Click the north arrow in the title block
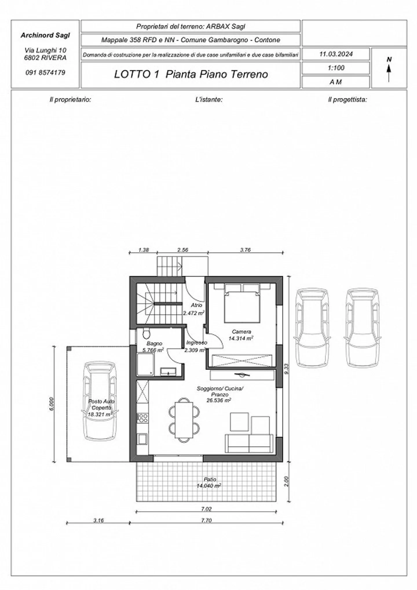coord(389,70)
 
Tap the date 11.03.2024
coord(336,54)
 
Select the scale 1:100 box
coord(336,68)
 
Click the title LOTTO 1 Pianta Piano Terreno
coord(191,74)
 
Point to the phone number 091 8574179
coord(45,72)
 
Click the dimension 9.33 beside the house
coord(286,369)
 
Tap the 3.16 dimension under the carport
coord(98,520)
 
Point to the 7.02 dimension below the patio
coord(206,509)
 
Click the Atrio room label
coord(196,305)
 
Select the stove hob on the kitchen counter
coord(142,417)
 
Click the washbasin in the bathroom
coord(168,372)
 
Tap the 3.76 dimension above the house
coord(245,250)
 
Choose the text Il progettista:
coord(347,100)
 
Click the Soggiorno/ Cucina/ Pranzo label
coord(220,391)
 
